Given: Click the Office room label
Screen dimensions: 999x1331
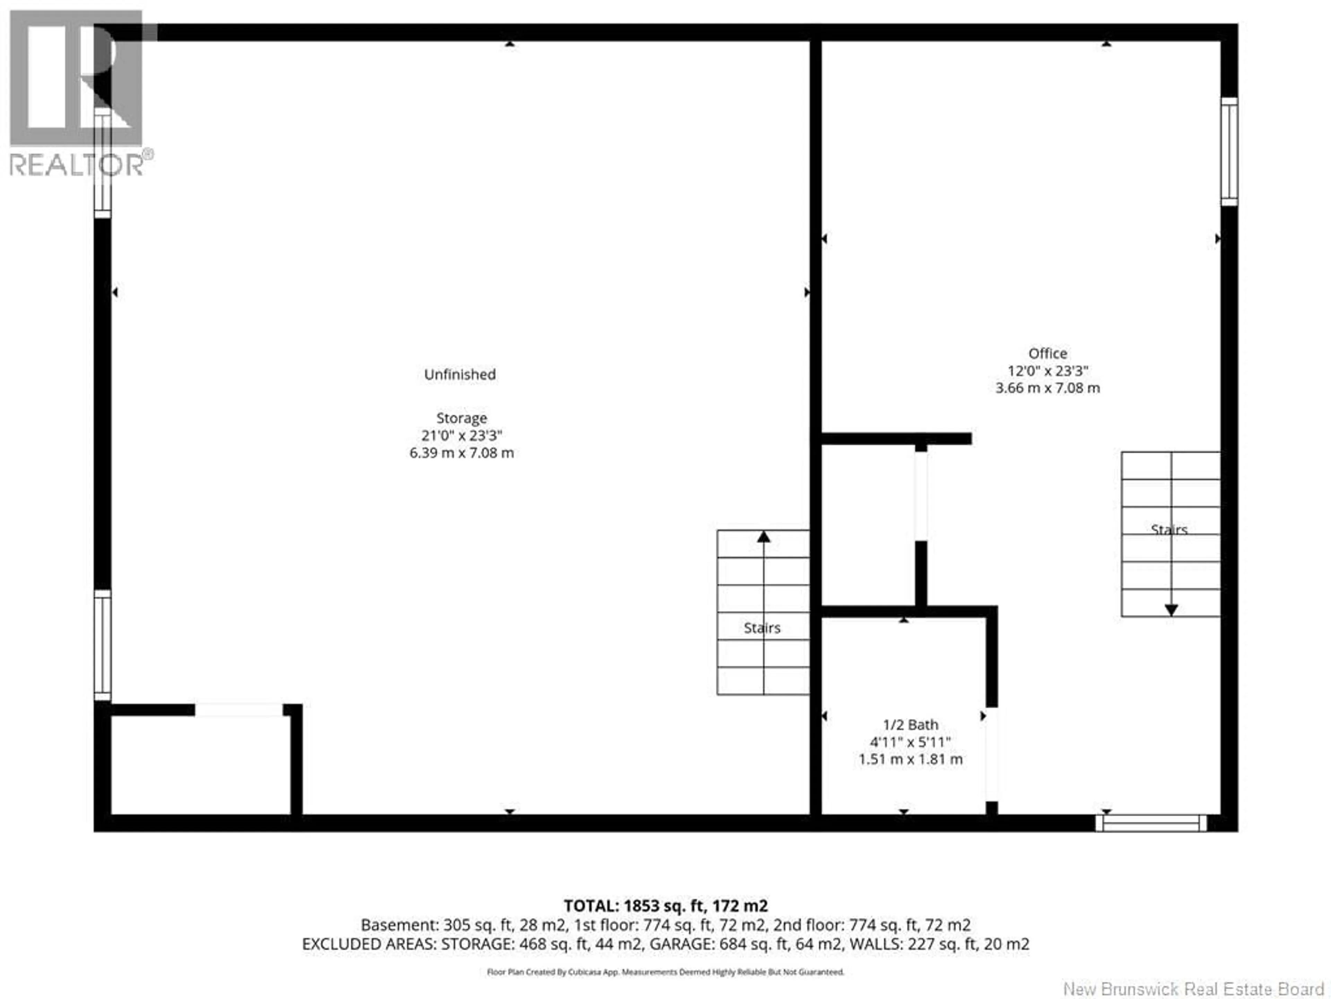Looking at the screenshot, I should coord(1047,353).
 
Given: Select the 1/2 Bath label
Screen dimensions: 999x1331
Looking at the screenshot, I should coord(911,725).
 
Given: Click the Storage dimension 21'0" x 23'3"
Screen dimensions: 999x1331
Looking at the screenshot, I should coord(462,435).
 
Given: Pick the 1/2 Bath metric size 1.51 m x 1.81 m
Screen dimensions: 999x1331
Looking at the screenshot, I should coord(911,759).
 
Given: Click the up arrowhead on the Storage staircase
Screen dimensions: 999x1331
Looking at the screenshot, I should coord(764,537).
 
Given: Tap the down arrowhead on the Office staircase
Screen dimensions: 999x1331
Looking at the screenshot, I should coord(1171,610).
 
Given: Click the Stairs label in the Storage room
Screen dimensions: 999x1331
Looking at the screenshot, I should coord(762,628).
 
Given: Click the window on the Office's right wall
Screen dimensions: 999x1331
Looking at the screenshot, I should coord(1229,151).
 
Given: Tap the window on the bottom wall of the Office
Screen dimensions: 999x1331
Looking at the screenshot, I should coord(1150,823).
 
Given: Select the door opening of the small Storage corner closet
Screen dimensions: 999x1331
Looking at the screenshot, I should coord(239,710).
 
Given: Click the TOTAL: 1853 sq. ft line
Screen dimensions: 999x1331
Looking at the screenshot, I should coord(665,906).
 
